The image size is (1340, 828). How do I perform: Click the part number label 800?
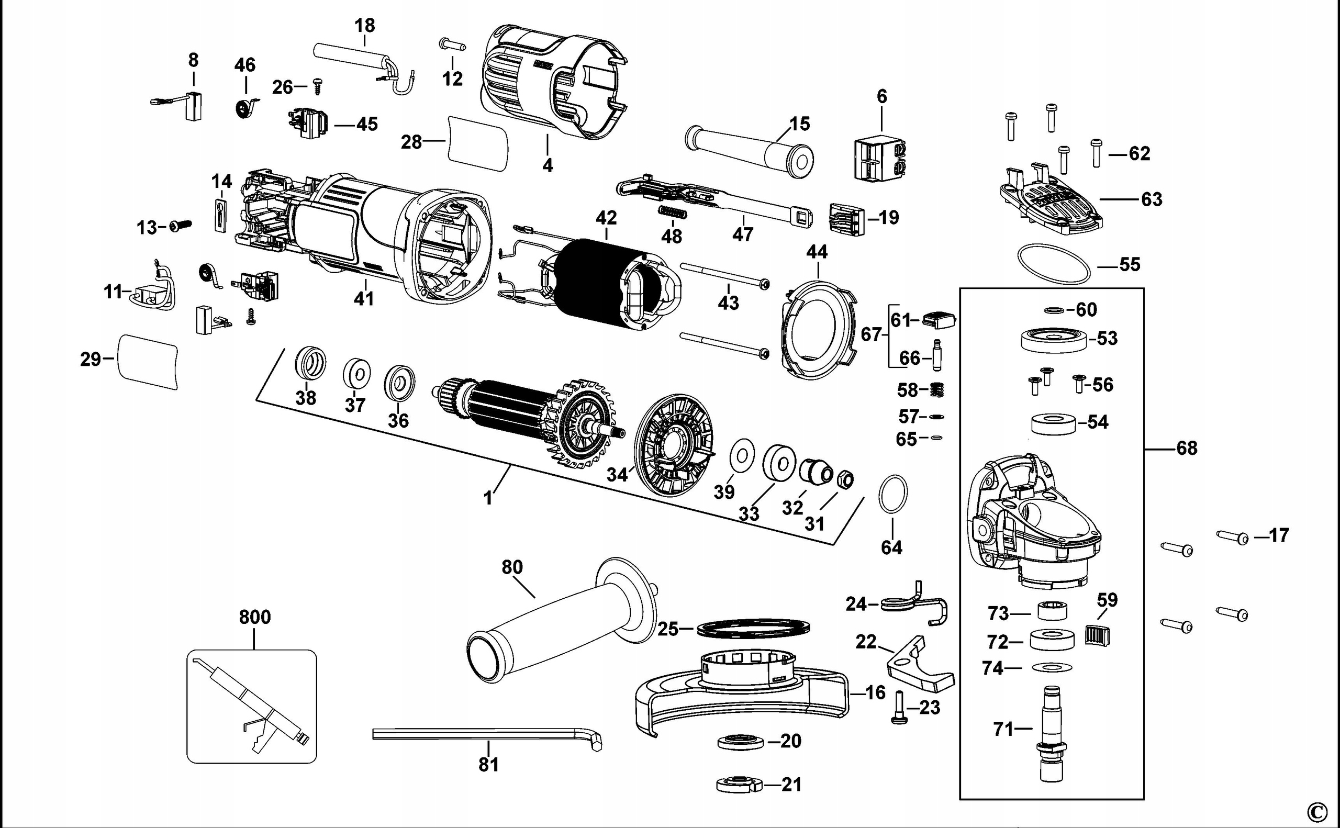coord(254,617)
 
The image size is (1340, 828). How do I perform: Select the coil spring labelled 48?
coord(671,212)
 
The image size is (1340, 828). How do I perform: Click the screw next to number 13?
coord(179,226)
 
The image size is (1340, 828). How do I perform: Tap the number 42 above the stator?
coord(606,218)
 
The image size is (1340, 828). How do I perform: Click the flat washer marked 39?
coord(742,454)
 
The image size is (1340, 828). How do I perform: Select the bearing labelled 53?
coord(1054,340)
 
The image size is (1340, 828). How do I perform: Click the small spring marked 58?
coord(937,390)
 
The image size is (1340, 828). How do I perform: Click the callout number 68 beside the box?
coord(1187,449)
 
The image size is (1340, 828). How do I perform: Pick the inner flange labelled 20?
coord(740,742)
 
